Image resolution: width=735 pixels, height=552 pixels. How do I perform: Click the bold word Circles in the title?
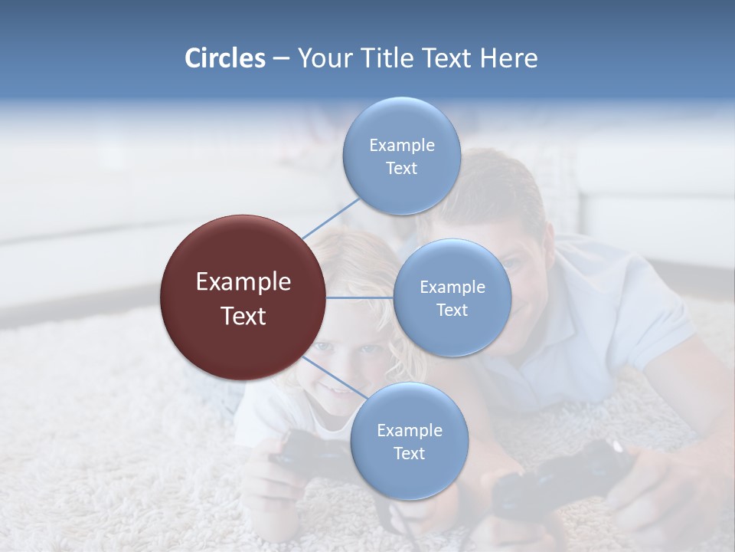(x=224, y=58)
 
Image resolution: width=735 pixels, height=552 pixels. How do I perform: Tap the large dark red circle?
(x=243, y=298)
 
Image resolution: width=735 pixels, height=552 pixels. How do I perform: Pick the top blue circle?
(x=401, y=156)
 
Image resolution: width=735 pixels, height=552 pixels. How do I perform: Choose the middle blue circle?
(x=452, y=297)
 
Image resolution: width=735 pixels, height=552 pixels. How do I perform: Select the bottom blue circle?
(x=409, y=441)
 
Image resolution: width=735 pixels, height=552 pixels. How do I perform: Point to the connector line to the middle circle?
(x=360, y=297)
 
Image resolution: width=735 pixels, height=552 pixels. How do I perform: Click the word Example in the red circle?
(x=243, y=282)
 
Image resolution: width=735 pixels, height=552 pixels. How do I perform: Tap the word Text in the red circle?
(x=243, y=316)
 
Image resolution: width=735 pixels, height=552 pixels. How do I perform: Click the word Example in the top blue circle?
(x=401, y=145)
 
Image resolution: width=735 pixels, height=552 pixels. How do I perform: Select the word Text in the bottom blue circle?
(x=409, y=453)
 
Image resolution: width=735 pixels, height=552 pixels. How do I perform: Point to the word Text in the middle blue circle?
(x=452, y=310)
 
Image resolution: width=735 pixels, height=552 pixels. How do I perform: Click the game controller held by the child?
(x=302, y=452)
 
